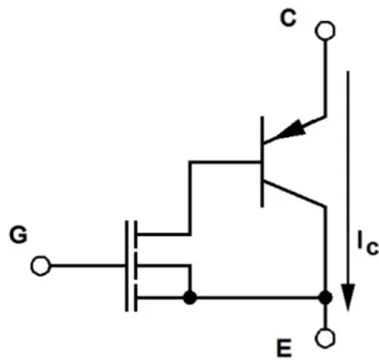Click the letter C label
[x=288, y=19]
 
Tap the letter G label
[x=19, y=235]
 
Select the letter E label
[x=284, y=348]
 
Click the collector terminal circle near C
[x=325, y=30]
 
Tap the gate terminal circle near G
[x=41, y=265]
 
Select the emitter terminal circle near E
[x=326, y=338]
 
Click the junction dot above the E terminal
[x=326, y=297]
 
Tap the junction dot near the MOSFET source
[x=190, y=297]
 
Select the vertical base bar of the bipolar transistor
[x=263, y=161]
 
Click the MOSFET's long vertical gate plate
[x=127, y=266]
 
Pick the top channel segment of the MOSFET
[x=135, y=234]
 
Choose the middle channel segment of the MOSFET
[x=135, y=265]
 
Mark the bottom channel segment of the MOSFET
[x=135, y=297]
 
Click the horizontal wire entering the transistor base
[x=225, y=162]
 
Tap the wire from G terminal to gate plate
[x=88, y=265]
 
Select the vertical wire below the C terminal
[x=326, y=78]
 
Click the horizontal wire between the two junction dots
[x=257, y=297]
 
